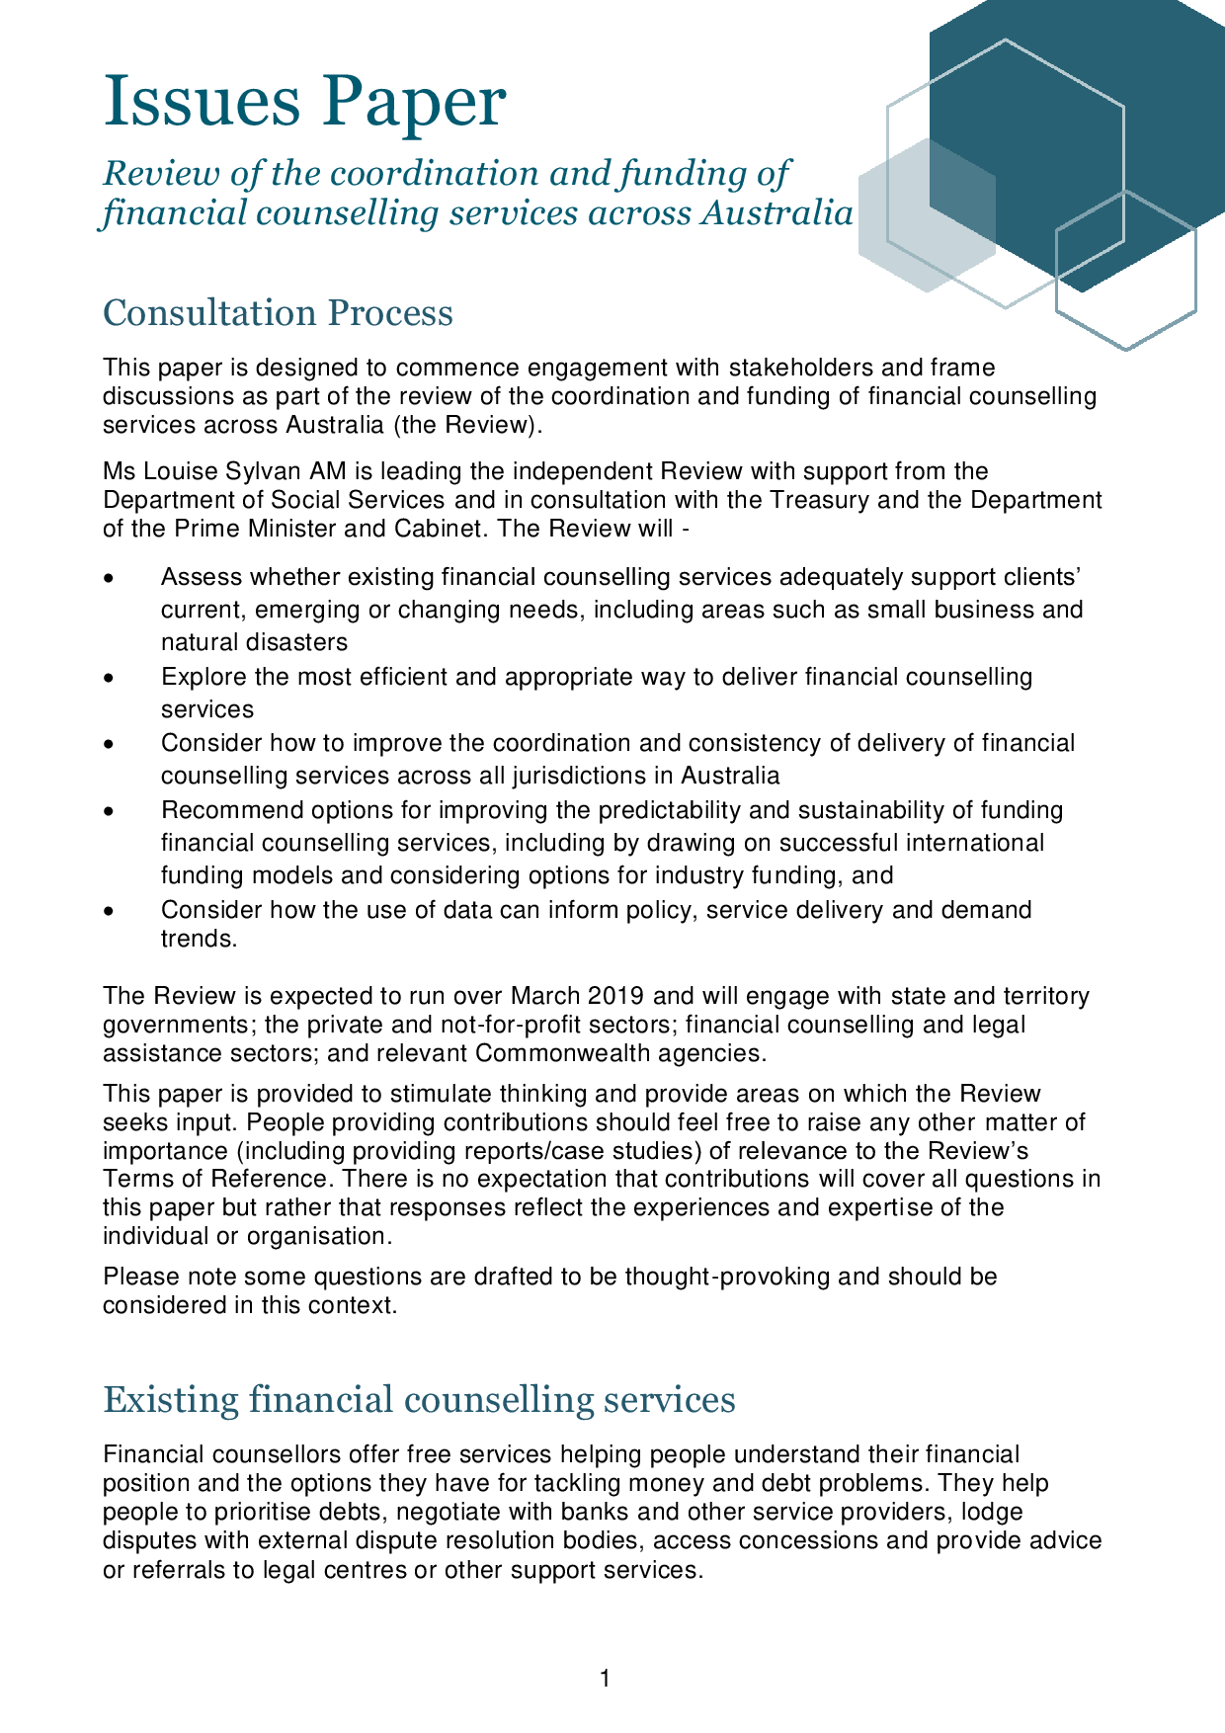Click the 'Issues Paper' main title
coord(304,102)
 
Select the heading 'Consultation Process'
coord(278,313)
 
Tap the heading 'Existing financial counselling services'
coord(419,1400)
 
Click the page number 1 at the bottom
coord(605,1678)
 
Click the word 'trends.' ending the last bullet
coord(199,939)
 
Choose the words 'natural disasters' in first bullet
coord(254,642)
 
